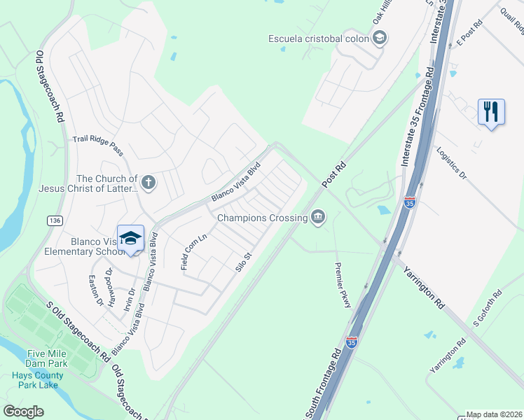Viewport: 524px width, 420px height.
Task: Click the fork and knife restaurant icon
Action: coord(490,111)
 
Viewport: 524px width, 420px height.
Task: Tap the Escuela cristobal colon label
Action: coord(319,38)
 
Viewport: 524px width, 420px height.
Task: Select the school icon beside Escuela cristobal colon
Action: coord(380,38)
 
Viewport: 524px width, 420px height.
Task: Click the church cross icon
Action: coord(148,183)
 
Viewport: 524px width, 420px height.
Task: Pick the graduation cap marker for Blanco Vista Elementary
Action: coord(130,239)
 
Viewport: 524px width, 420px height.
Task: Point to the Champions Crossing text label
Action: coord(262,218)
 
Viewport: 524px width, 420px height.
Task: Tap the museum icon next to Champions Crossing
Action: coord(318,218)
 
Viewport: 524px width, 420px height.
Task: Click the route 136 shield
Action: coord(54,220)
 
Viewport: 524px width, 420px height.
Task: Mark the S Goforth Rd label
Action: coord(488,309)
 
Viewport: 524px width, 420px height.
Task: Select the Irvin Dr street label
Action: coord(130,297)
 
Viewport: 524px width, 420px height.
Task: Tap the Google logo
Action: coord(24,412)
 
